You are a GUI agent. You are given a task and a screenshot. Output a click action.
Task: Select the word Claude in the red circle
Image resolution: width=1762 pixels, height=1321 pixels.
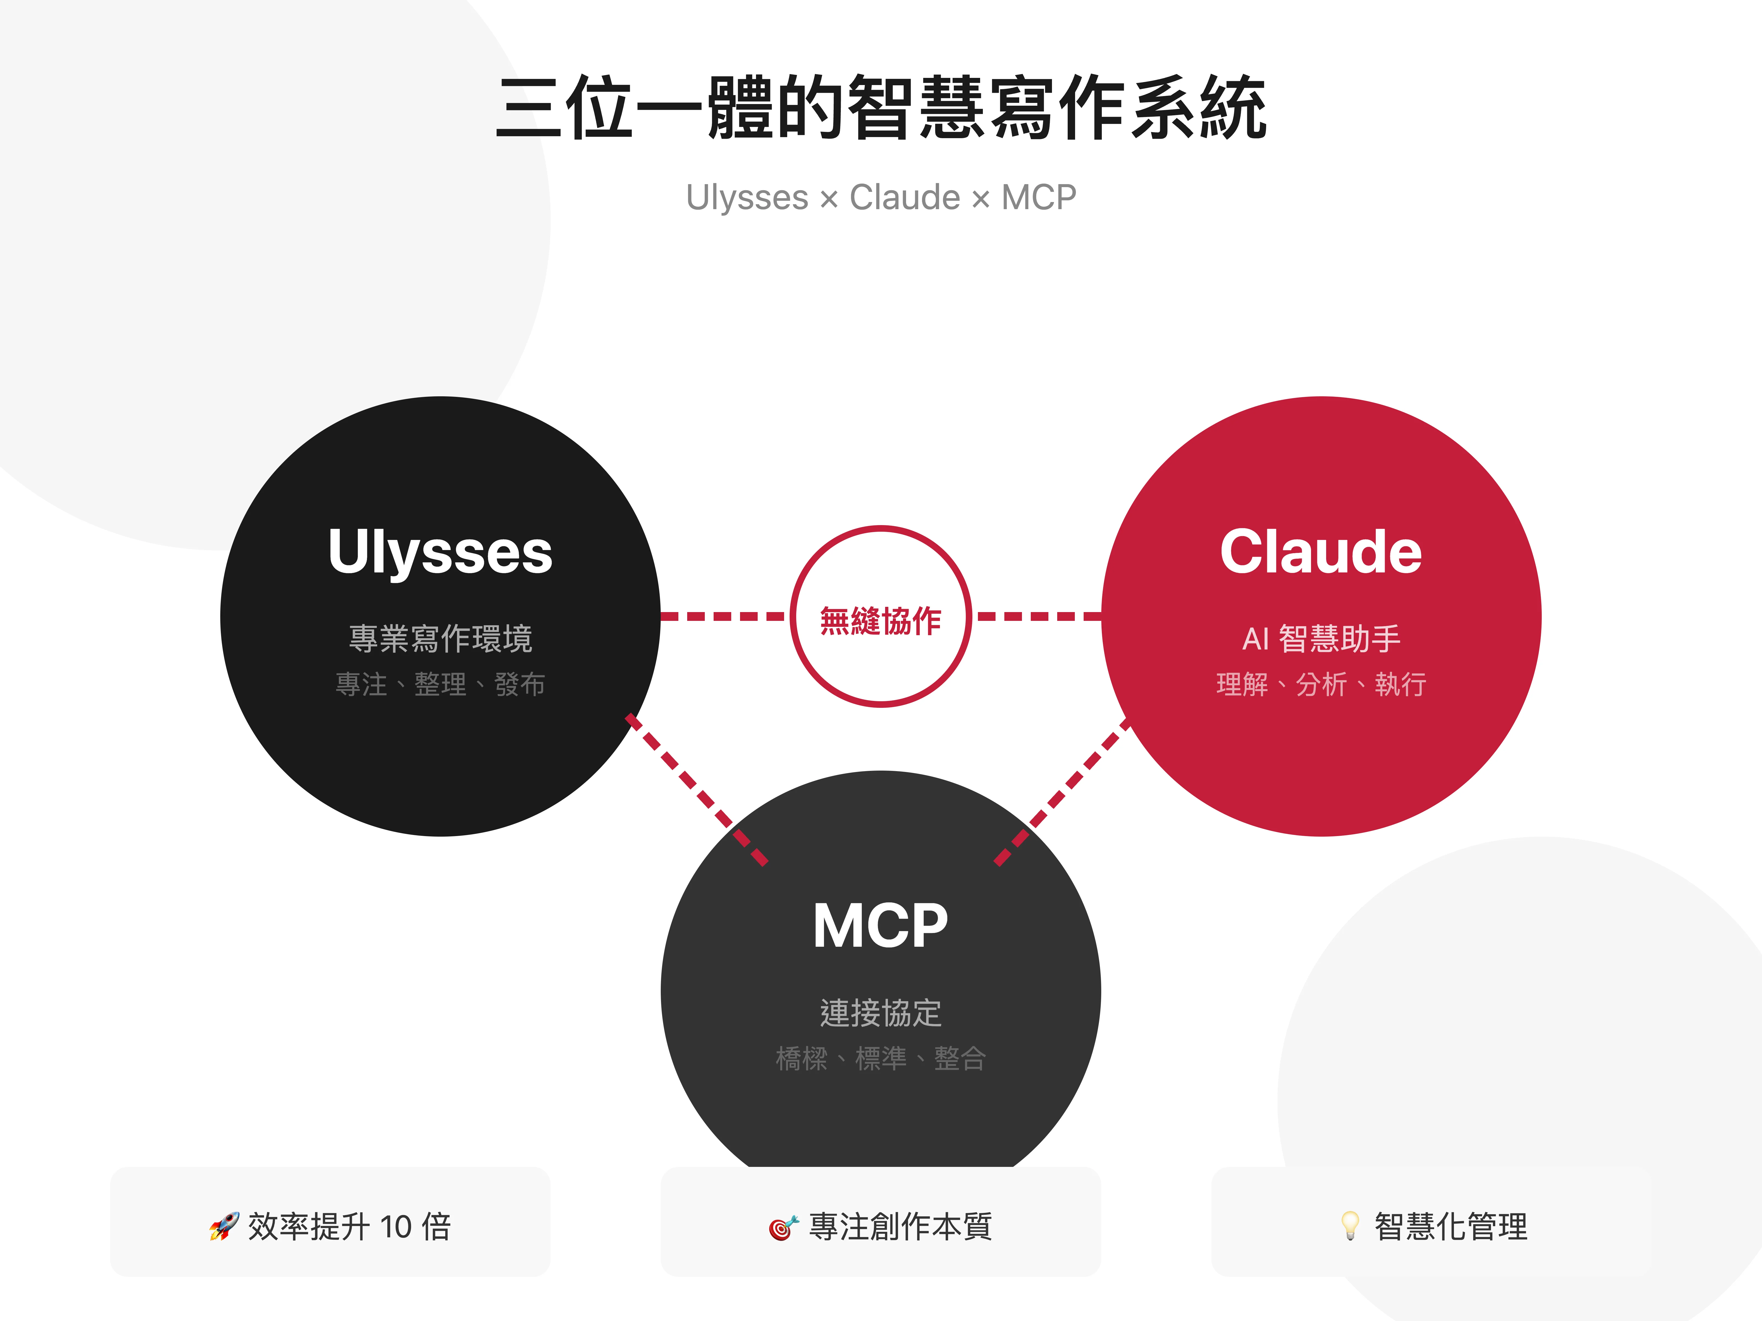(1321, 552)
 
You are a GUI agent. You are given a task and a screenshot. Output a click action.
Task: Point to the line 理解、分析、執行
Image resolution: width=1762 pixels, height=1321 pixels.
(1321, 684)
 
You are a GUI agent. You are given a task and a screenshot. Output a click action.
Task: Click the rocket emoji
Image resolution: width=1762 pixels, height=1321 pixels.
(224, 1226)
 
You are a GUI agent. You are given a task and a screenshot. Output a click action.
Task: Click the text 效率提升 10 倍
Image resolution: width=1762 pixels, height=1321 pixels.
(349, 1226)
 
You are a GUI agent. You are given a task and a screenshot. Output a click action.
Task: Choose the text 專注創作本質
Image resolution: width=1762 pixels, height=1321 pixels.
(900, 1226)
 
